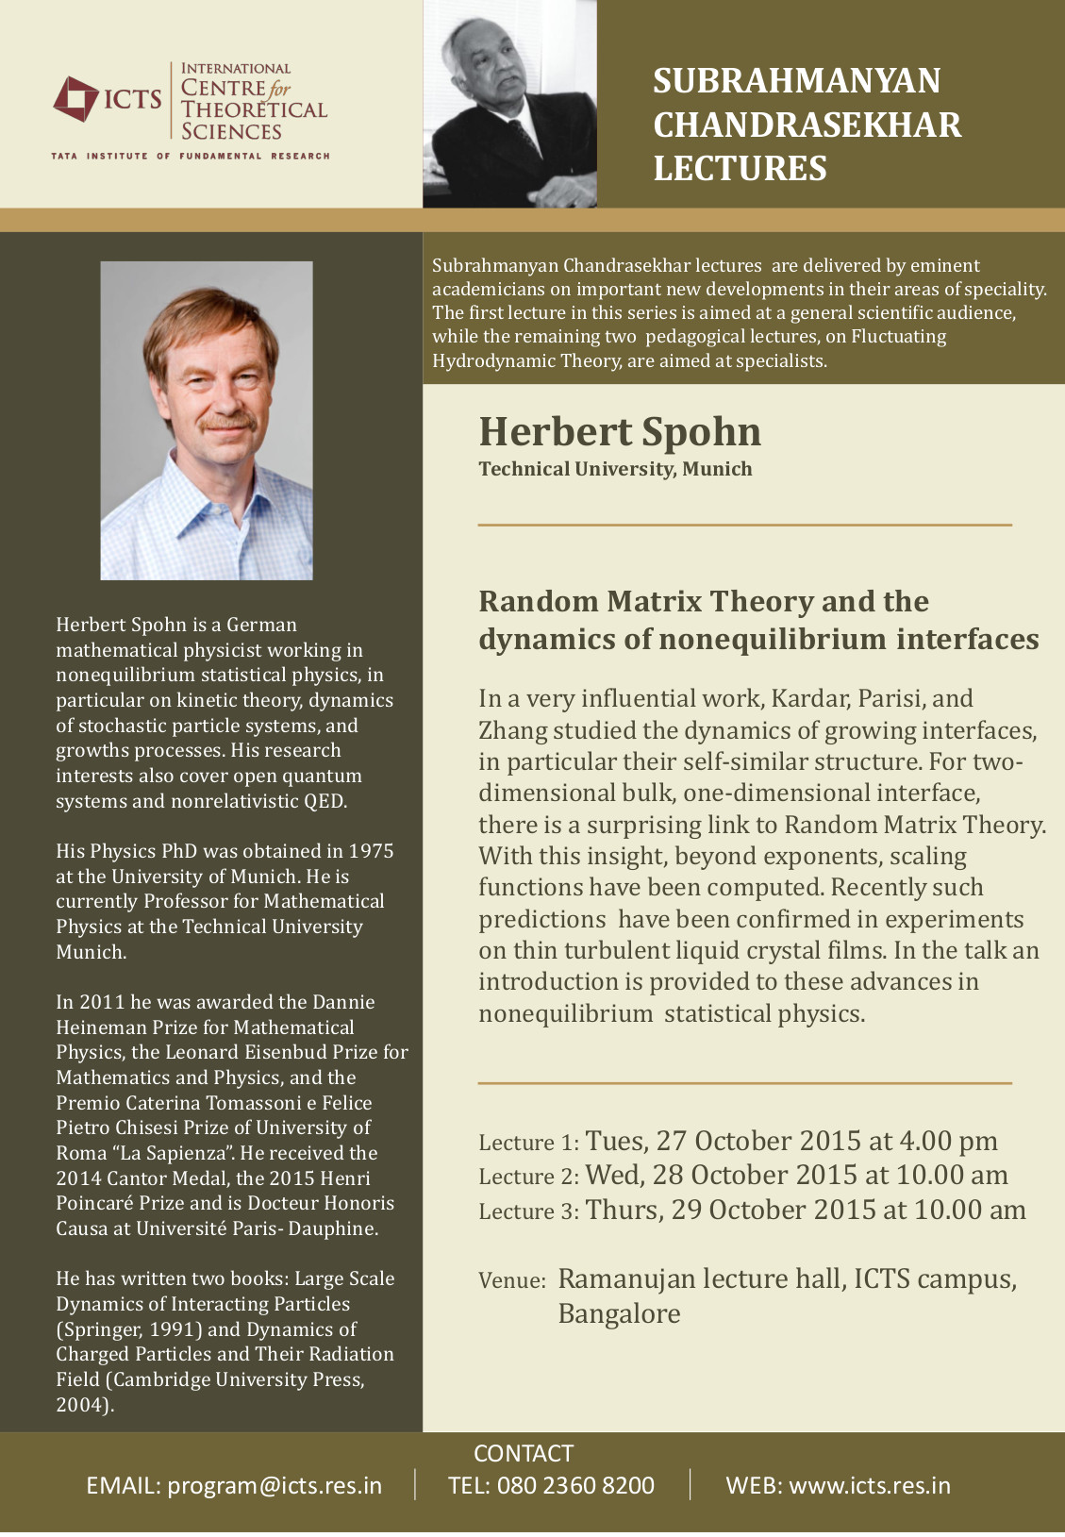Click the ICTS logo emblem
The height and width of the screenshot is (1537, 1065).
click(x=75, y=98)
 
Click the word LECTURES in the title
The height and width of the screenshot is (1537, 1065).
click(x=740, y=168)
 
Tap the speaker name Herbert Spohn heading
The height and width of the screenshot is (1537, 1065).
click(x=619, y=432)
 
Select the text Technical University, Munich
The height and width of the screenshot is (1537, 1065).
click(x=615, y=469)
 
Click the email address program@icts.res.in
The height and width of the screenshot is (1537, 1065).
click(x=275, y=1485)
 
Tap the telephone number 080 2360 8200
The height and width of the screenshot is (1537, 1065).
click(x=575, y=1485)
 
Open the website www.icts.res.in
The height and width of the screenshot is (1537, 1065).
click(x=870, y=1485)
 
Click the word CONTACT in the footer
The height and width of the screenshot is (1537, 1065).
click(x=523, y=1453)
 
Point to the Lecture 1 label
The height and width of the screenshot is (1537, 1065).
click(x=527, y=1143)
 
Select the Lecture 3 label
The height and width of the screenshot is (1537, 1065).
click(x=527, y=1211)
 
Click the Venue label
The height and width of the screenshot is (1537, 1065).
click(x=511, y=1280)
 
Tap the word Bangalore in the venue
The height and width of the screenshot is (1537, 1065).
click(x=619, y=1313)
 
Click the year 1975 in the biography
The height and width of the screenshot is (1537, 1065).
click(x=371, y=851)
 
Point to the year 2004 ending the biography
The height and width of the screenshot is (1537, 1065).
click(x=80, y=1405)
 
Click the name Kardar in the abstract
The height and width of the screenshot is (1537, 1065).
click(x=809, y=698)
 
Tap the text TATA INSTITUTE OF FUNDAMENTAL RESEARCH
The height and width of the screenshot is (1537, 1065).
click(x=191, y=156)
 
